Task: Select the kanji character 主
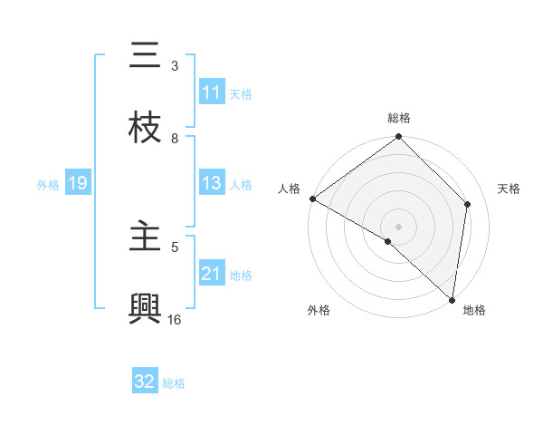click(x=145, y=237)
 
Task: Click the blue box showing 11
click(x=212, y=92)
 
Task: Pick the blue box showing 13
click(x=212, y=183)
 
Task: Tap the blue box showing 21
click(x=212, y=274)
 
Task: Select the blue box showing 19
click(x=77, y=184)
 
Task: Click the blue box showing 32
click(x=145, y=382)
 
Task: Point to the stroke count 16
click(x=175, y=319)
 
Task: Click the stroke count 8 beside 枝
click(x=175, y=138)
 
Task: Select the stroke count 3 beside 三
click(x=175, y=65)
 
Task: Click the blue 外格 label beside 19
click(x=48, y=184)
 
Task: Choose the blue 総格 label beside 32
click(x=174, y=382)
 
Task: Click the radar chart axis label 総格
click(x=399, y=118)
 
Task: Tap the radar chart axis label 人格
click(x=289, y=189)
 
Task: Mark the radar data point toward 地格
click(x=452, y=300)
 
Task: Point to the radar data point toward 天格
click(x=468, y=204)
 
